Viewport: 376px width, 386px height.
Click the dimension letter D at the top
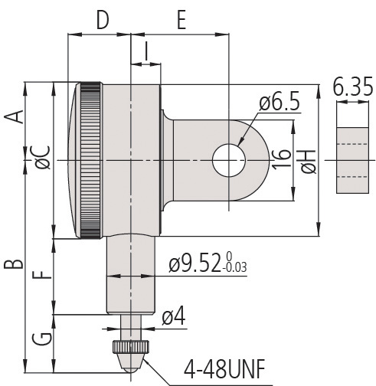[x=103, y=20]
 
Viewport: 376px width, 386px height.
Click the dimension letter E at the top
[x=181, y=20]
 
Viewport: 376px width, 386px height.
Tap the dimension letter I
[x=146, y=51]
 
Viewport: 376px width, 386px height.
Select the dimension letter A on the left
[x=14, y=117]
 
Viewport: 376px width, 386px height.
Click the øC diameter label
[x=43, y=158]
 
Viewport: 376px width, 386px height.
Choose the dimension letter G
[x=42, y=339]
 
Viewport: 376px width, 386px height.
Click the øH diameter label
[x=309, y=162]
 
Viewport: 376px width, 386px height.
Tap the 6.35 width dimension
[x=353, y=87]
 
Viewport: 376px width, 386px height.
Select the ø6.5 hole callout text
[x=280, y=103]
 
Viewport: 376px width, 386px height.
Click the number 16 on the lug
[x=282, y=159]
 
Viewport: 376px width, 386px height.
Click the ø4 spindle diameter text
[x=174, y=316]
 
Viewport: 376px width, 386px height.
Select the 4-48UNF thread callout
[x=224, y=369]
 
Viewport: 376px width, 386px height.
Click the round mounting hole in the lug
[x=229, y=160]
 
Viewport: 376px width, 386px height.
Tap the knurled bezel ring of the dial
[x=90, y=160]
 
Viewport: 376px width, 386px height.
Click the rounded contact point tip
[x=131, y=369]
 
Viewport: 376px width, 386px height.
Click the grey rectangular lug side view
[x=352, y=160]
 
